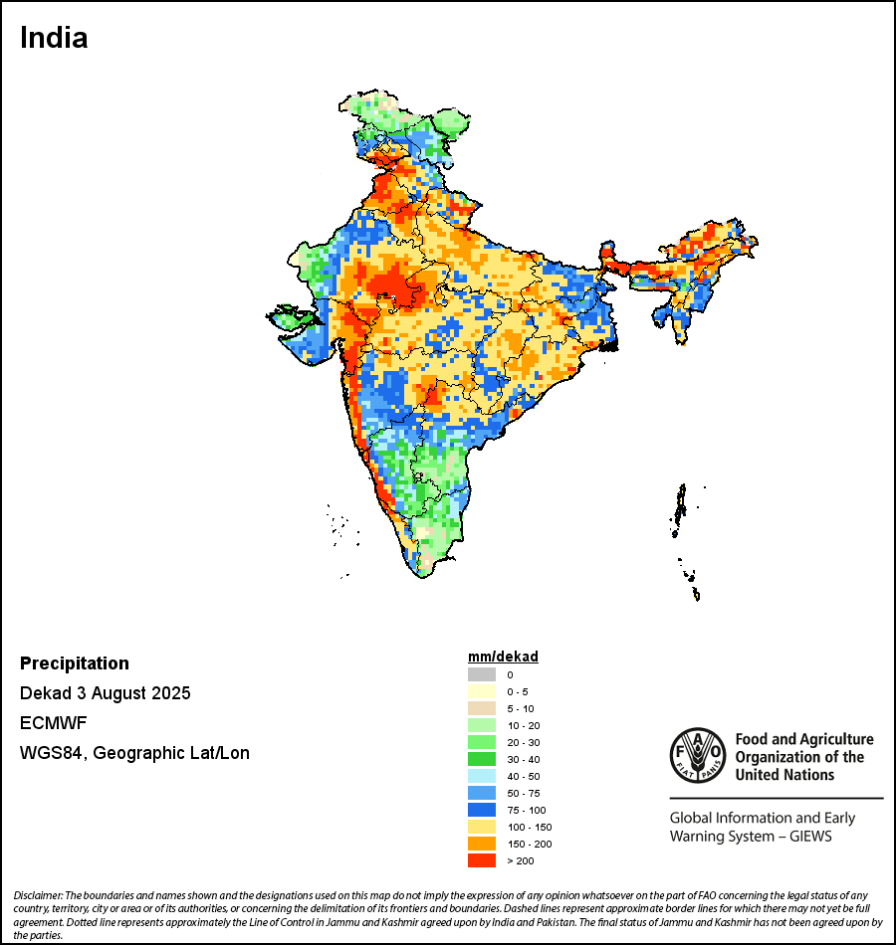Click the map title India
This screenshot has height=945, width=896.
(54, 38)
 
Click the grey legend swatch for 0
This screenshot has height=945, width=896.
(482, 674)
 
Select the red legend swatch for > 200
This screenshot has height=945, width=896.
(482, 860)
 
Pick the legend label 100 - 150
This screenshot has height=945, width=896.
(529, 827)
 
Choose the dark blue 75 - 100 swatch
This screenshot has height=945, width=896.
(482, 810)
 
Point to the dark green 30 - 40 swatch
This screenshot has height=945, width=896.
(482, 759)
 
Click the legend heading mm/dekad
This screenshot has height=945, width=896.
(503, 657)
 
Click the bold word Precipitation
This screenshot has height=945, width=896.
(75, 663)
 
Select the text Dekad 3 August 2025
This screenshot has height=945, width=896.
(106, 692)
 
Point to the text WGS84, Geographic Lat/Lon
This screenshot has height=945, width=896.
(134, 753)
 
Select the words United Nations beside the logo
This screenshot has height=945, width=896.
(784, 774)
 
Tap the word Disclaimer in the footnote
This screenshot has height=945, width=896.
(38, 896)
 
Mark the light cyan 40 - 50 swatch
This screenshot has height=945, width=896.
(482, 776)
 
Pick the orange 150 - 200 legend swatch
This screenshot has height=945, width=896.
(482, 844)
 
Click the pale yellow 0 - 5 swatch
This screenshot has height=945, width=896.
(482, 691)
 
